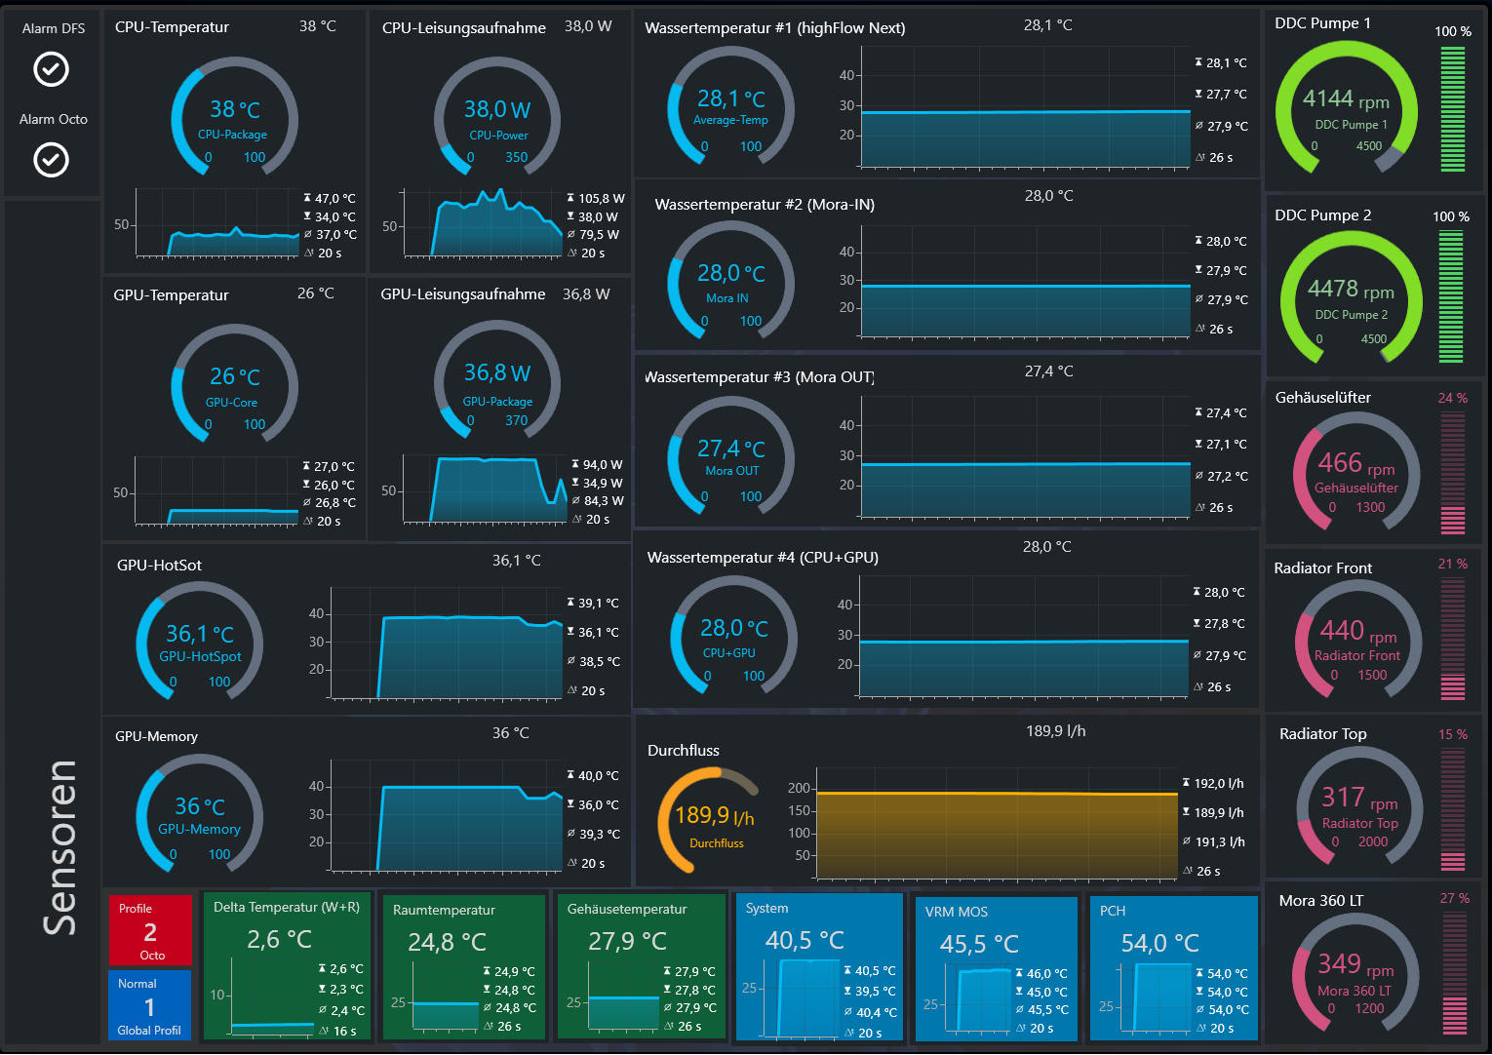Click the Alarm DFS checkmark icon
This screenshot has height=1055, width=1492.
pyautogui.click(x=52, y=68)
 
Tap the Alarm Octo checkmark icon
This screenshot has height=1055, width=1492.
pyautogui.click(x=52, y=160)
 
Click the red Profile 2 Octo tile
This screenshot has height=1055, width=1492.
pyautogui.click(x=150, y=930)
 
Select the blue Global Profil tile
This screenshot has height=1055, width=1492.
pyautogui.click(x=150, y=1005)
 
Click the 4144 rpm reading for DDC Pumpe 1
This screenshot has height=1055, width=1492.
pyautogui.click(x=1346, y=99)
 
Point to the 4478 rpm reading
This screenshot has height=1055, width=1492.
pyautogui.click(x=1351, y=289)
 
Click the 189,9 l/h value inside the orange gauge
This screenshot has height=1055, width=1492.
pyautogui.click(x=715, y=815)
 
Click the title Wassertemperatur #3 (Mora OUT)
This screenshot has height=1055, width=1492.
pyautogui.click(x=760, y=377)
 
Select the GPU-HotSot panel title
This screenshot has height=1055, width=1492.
pyautogui.click(x=159, y=566)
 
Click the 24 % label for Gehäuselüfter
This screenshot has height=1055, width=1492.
pyautogui.click(x=1453, y=398)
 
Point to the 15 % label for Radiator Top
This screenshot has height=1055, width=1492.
pyautogui.click(x=1453, y=734)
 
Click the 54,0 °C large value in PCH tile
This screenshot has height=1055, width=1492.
pyautogui.click(x=1159, y=943)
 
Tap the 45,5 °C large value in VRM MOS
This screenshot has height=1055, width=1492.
pyautogui.click(x=979, y=944)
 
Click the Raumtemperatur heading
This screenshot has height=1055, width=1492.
pyautogui.click(x=444, y=910)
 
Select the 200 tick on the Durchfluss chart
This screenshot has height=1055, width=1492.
pyautogui.click(x=799, y=788)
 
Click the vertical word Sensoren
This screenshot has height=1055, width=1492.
pyautogui.click(x=59, y=847)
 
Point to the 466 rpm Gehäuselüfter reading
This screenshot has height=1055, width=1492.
pyautogui.click(x=1356, y=463)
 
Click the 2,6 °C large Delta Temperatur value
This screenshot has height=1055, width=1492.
pyautogui.click(x=279, y=940)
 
